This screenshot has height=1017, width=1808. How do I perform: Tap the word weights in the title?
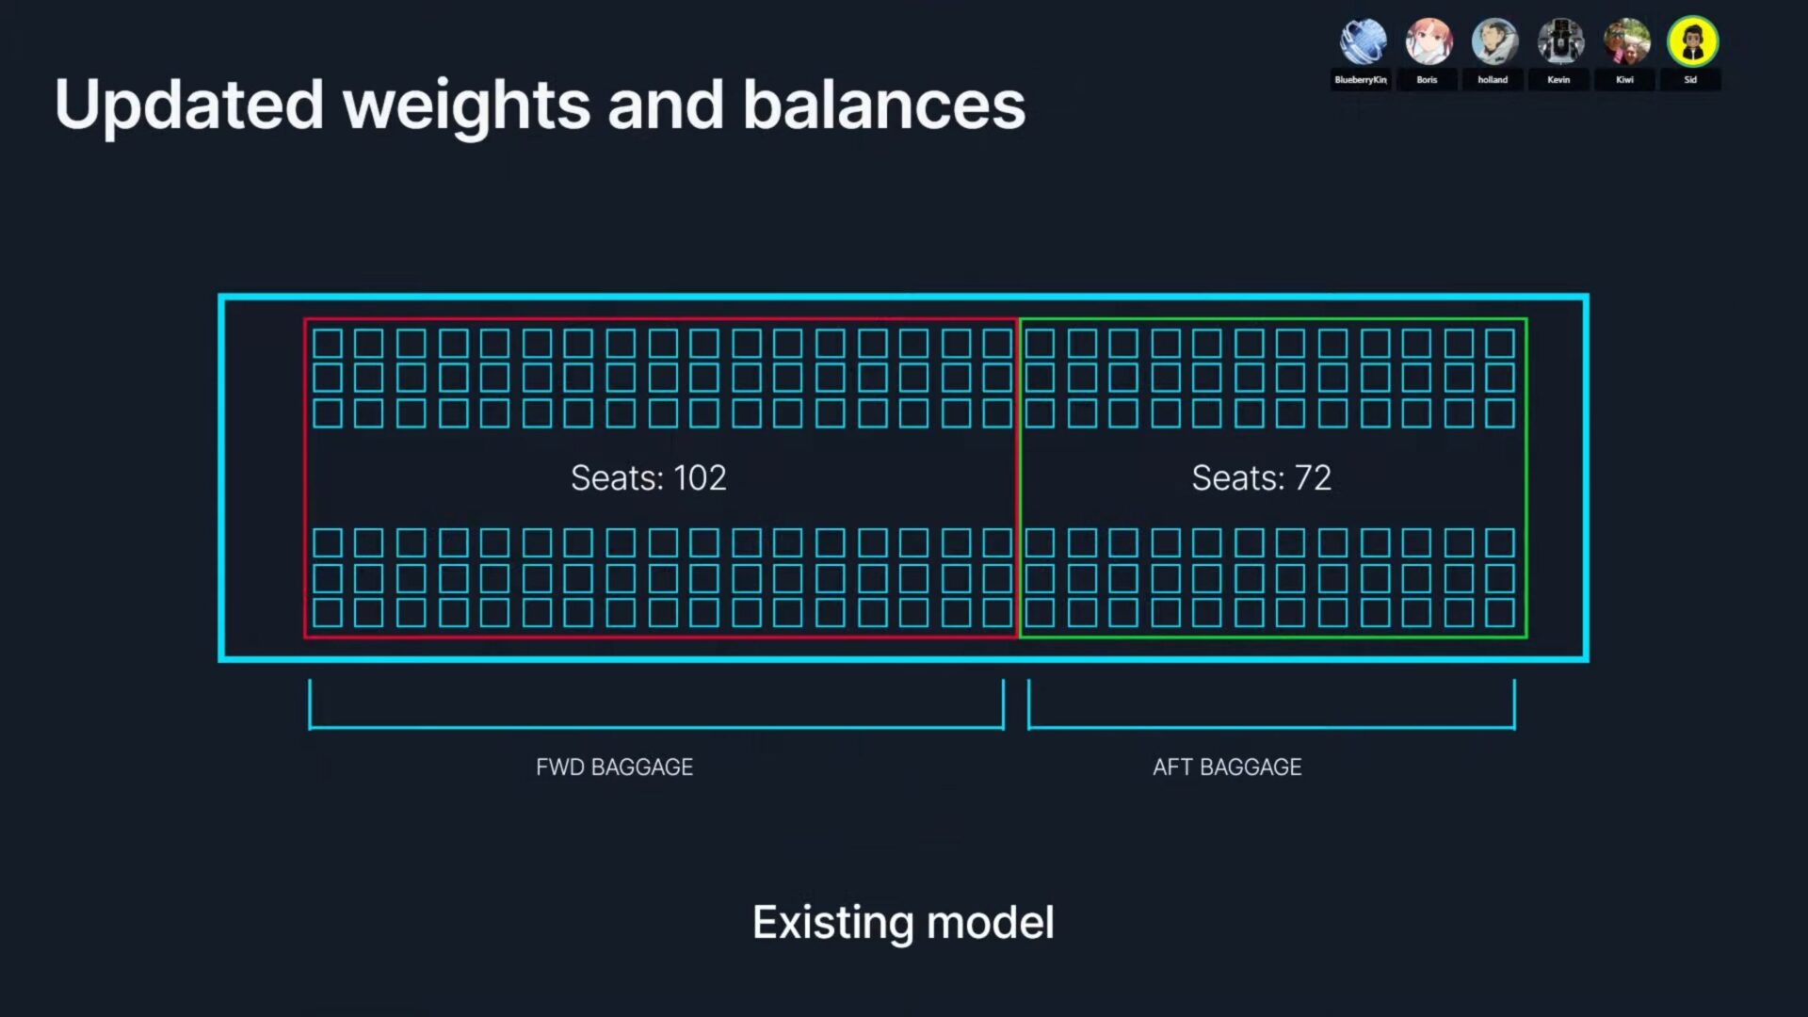click(x=466, y=105)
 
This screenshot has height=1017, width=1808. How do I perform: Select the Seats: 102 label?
click(x=649, y=478)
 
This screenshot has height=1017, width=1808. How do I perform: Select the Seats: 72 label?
click(x=1261, y=478)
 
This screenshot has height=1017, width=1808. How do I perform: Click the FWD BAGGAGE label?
click(x=614, y=767)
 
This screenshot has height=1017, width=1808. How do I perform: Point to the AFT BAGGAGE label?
click(x=1227, y=767)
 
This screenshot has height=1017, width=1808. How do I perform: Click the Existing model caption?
click(x=903, y=923)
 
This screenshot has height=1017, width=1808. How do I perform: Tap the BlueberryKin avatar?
click(x=1363, y=41)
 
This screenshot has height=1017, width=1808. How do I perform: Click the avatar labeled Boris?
click(x=1429, y=41)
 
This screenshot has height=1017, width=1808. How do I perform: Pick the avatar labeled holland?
click(x=1494, y=41)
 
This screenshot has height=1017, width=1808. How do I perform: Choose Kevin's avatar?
click(x=1560, y=41)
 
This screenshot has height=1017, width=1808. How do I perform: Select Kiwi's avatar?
click(x=1626, y=41)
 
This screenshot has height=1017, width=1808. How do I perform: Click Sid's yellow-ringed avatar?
click(x=1692, y=41)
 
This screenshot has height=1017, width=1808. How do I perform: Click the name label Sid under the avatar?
click(x=1690, y=80)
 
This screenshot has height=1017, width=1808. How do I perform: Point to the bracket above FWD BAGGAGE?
click(x=656, y=726)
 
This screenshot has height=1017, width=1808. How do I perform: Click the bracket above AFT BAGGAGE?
click(x=1271, y=726)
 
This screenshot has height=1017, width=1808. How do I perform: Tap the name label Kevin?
click(x=1558, y=80)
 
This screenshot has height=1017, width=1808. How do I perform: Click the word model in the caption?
click(x=990, y=923)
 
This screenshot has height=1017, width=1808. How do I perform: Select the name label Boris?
click(x=1427, y=80)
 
